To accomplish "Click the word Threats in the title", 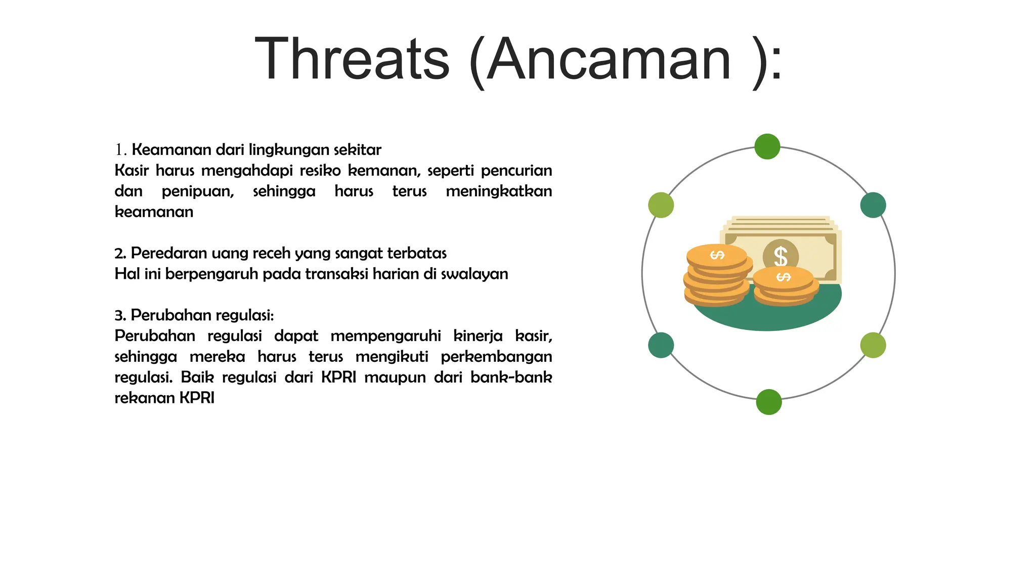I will [352, 60].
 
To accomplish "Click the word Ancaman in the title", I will [609, 60].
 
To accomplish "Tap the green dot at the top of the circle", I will [767, 147].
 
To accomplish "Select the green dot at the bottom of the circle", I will [768, 402].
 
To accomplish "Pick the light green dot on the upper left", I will [661, 205].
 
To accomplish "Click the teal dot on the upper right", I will [873, 205].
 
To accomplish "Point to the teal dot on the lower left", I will [661, 345].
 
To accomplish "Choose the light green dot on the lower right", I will [873, 345].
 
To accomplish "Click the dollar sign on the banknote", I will [781, 256].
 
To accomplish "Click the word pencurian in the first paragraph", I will [516, 171].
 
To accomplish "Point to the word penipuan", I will [197, 191].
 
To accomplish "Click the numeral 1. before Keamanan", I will [120, 150].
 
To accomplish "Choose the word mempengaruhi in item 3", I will [385, 336].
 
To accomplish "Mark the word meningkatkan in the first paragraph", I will [498, 191].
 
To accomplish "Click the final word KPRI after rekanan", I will [197, 398].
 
